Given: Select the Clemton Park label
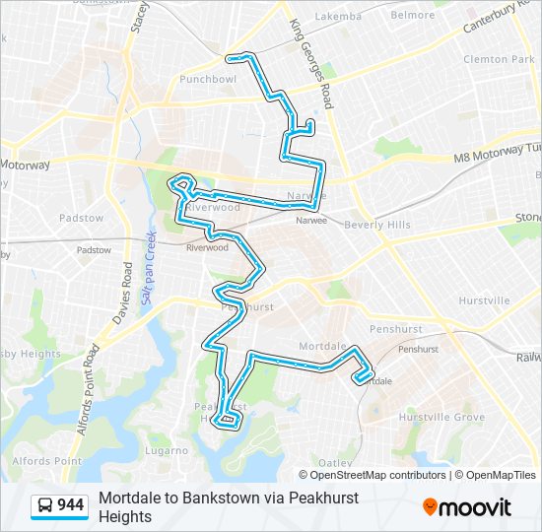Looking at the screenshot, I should point(498,58).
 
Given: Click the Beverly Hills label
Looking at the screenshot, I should point(377,225).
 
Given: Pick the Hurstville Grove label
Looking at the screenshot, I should point(441,418).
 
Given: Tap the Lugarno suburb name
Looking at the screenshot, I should point(165,450).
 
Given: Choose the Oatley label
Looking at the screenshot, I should point(336,462).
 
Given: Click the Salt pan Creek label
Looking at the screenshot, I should point(150,266).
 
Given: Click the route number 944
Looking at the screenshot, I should point(70,505).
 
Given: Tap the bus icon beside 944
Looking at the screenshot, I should point(45,505).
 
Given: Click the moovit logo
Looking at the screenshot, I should point(467,506).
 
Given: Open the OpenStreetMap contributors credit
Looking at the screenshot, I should point(378,475).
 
